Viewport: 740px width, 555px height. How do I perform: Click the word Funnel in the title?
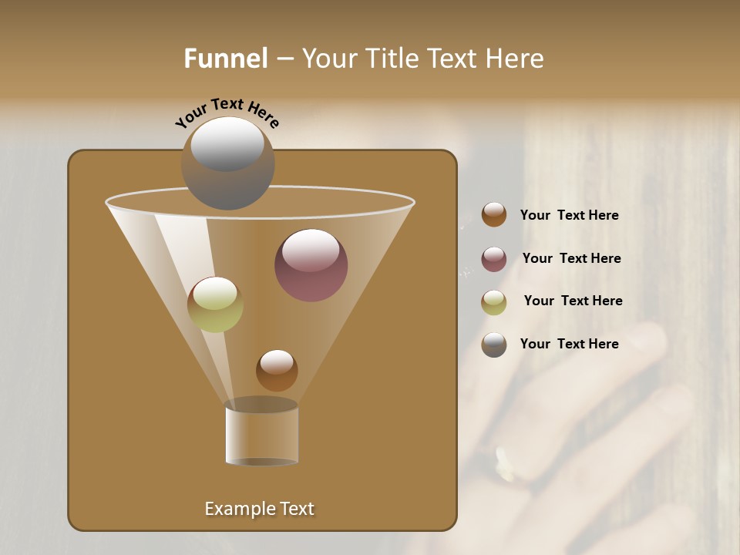[x=226, y=59]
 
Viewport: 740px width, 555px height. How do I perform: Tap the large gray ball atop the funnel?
[x=227, y=163]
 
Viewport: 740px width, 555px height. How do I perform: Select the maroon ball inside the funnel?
[x=311, y=265]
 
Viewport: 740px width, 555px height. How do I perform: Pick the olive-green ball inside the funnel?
[x=215, y=304]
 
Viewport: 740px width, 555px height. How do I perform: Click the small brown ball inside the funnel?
[x=277, y=370]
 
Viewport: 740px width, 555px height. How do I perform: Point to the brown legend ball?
[x=494, y=215]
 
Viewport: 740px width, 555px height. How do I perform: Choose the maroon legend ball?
[x=494, y=259]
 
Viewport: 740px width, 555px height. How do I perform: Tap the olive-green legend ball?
[x=494, y=302]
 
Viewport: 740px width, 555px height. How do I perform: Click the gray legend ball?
[x=494, y=345]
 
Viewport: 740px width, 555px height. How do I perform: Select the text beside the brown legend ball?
[x=569, y=215]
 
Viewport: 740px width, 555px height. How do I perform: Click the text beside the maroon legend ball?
[x=571, y=258]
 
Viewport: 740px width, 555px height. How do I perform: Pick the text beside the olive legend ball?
[x=573, y=301]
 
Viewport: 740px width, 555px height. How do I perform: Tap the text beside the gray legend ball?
[x=569, y=344]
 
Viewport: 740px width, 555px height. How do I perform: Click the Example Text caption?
[x=259, y=509]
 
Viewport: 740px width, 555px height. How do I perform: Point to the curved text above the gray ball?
[x=227, y=113]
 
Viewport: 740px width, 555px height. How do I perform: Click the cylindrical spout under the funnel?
[x=261, y=434]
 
